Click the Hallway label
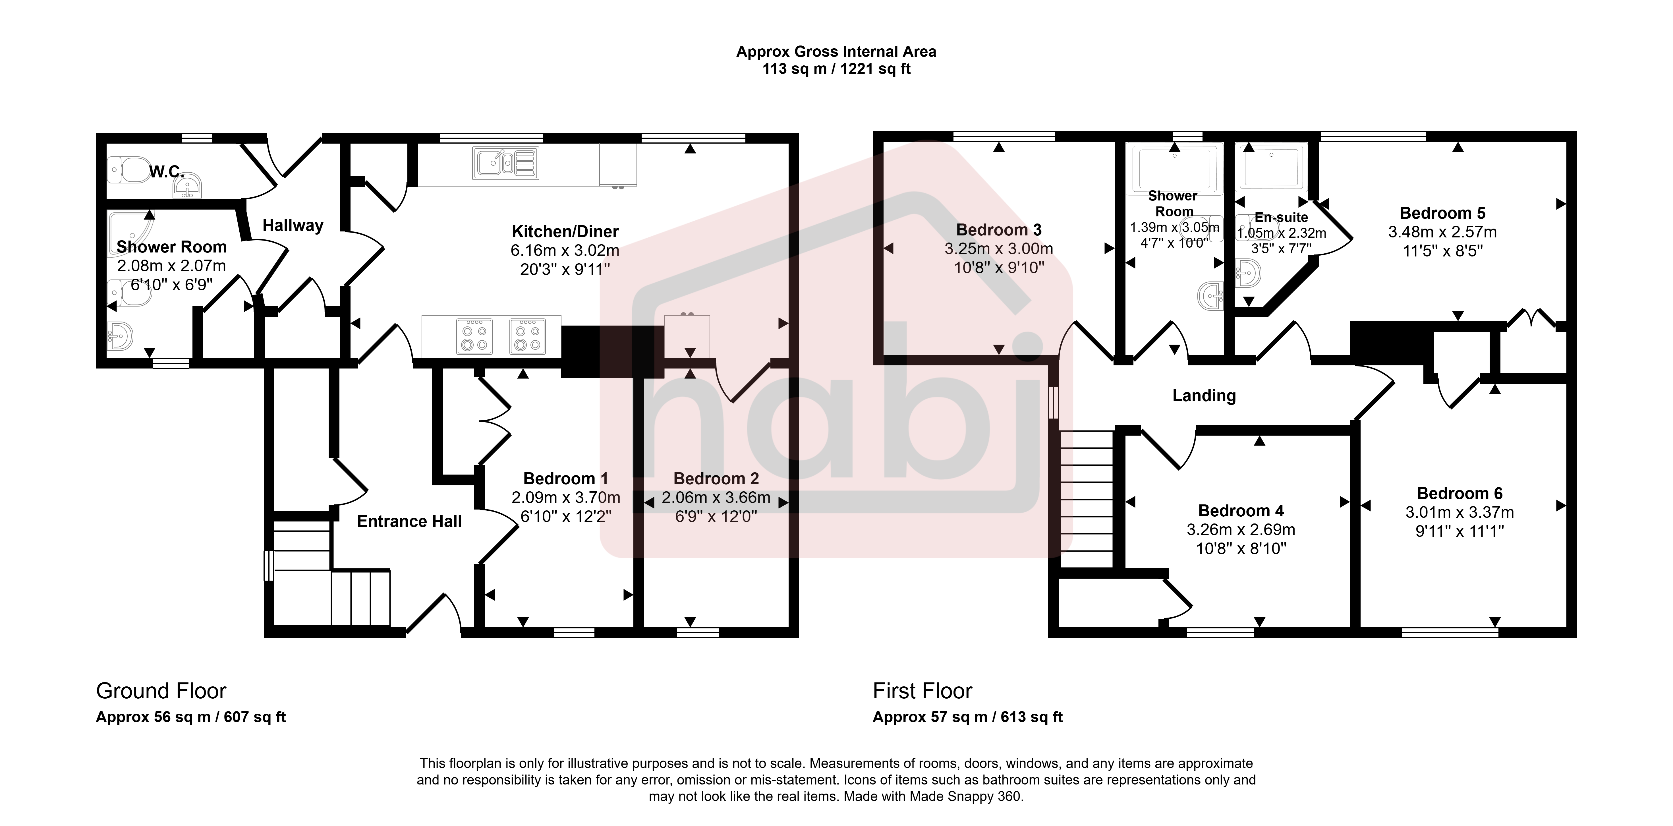[x=293, y=225]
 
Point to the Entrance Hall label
[x=409, y=521]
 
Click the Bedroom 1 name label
[x=566, y=479]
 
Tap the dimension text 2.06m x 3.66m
[x=716, y=498]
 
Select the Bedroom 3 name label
[x=999, y=230]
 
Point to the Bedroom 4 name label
[x=1241, y=511]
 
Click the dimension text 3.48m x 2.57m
[x=1442, y=232]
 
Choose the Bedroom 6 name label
[x=1460, y=494]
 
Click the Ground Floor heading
[x=161, y=691]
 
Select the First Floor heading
[x=922, y=691]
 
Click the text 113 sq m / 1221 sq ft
[x=836, y=69]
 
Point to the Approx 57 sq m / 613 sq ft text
[x=968, y=717]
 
